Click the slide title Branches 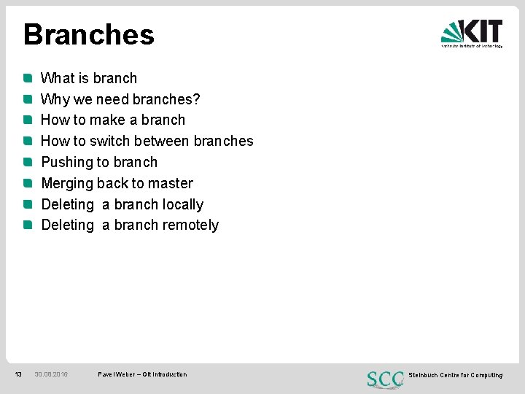click(x=88, y=35)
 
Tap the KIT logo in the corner click(x=472, y=33)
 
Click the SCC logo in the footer click(x=385, y=379)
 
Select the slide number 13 click(x=18, y=374)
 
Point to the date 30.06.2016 click(x=51, y=374)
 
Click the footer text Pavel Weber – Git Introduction click(x=142, y=374)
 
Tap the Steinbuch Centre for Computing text click(x=455, y=375)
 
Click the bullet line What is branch click(x=88, y=78)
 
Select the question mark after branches click(x=196, y=99)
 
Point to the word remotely click(x=190, y=225)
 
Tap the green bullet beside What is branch click(x=27, y=77)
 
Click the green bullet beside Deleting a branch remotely click(x=27, y=225)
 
